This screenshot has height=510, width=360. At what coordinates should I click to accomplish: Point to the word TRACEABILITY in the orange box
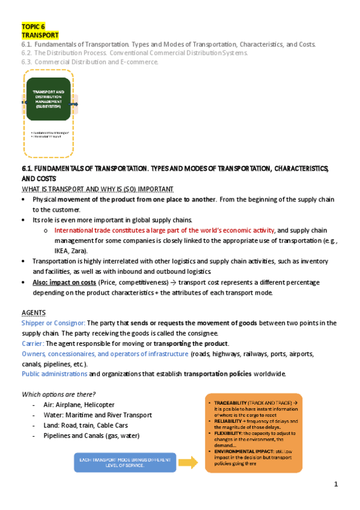click(x=229, y=401)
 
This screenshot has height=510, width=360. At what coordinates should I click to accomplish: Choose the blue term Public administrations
click(x=55, y=374)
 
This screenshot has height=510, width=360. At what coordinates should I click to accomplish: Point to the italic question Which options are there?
click(x=59, y=394)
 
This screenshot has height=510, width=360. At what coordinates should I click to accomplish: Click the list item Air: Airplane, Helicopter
click(x=79, y=405)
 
